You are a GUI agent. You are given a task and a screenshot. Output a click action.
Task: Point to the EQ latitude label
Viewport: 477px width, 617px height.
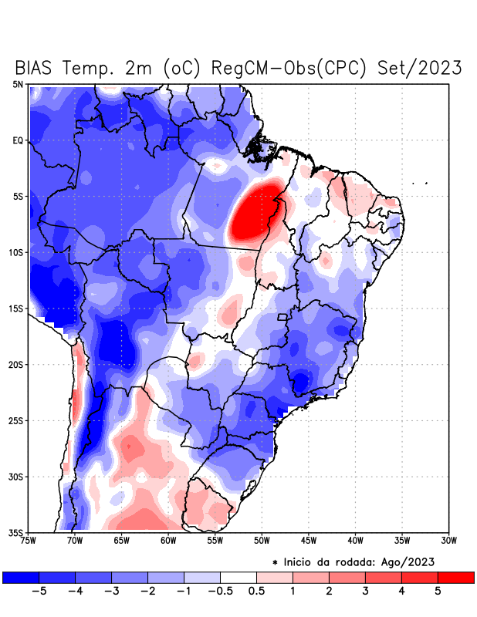point(18,140)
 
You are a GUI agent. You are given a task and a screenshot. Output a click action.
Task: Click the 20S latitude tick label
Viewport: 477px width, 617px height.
point(16,365)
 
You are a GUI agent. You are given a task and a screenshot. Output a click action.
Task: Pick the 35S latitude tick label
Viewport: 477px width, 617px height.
point(16,533)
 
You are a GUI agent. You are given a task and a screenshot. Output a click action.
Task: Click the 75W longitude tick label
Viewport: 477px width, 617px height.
point(28,541)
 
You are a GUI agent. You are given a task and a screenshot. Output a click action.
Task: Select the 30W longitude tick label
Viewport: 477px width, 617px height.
point(449,541)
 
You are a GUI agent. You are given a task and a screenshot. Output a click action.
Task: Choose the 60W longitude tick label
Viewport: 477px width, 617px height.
point(167,541)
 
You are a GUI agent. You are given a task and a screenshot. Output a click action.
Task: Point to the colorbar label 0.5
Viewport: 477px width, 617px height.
point(257,592)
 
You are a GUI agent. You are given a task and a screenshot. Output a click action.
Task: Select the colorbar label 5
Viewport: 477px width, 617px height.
point(438,592)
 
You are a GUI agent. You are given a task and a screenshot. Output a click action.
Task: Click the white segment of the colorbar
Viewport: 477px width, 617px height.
point(238,577)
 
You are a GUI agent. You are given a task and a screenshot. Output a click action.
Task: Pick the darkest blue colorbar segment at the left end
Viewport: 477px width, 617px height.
point(21,577)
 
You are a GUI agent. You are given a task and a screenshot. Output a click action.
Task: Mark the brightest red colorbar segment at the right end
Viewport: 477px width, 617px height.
point(456,577)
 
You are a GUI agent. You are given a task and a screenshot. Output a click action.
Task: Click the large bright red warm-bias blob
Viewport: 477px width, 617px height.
point(255,212)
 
